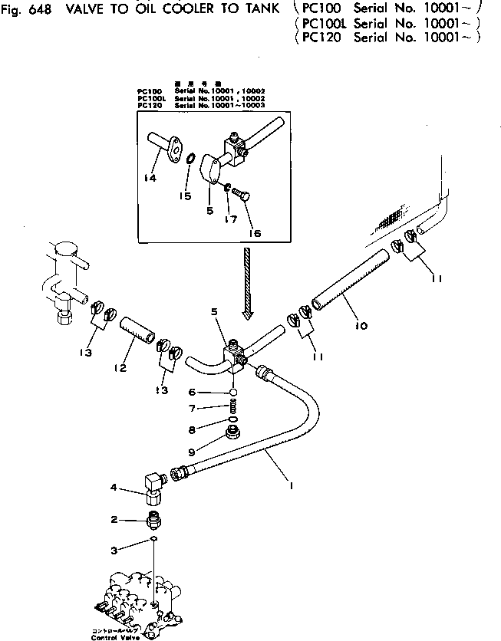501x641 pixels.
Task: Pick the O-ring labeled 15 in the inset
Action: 187,159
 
